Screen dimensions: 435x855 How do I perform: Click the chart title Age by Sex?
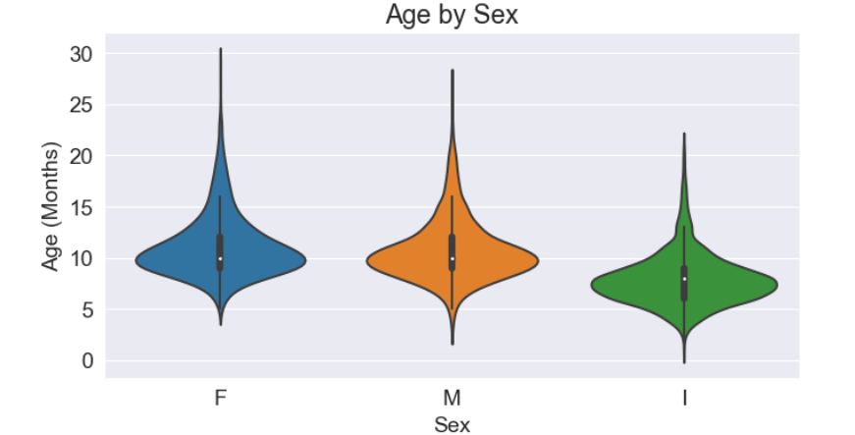[x=452, y=16]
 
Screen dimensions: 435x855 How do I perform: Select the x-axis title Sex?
[x=452, y=424]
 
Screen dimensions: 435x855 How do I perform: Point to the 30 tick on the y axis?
[x=80, y=53]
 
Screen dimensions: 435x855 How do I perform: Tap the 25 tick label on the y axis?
[x=80, y=104]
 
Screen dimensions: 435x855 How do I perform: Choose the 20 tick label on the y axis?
[x=80, y=155]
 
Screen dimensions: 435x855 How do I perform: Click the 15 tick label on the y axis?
[x=80, y=207]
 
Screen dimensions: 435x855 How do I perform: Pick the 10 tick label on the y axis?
[x=80, y=258]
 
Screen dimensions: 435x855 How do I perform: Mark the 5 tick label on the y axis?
[x=86, y=309]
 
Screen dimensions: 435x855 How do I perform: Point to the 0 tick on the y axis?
[x=86, y=360]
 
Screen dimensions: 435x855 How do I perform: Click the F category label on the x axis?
[x=220, y=398]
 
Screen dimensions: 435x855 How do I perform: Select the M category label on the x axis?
[x=452, y=398]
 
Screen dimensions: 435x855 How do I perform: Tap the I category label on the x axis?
[x=683, y=398]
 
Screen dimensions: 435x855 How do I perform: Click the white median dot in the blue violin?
[x=220, y=258]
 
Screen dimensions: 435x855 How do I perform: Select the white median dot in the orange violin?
[x=452, y=258]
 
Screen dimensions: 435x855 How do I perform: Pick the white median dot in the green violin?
[x=683, y=279]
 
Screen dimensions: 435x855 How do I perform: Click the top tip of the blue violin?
[x=220, y=48]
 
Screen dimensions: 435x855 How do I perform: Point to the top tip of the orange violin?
[x=452, y=71]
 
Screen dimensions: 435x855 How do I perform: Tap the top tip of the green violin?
[x=683, y=134]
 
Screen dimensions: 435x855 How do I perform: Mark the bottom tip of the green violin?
[x=683, y=362]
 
